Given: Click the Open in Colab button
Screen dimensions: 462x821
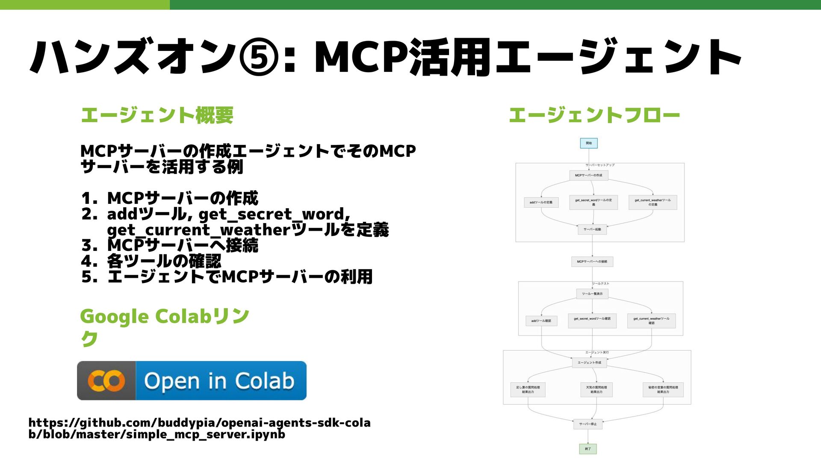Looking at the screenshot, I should pos(192,380).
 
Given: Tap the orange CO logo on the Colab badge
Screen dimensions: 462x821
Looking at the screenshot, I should pos(106,380).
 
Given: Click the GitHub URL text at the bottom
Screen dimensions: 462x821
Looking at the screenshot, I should pos(199,428).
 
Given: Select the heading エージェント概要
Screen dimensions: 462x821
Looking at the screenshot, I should pos(157,115).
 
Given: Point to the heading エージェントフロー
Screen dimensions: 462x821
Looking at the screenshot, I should pos(594,115).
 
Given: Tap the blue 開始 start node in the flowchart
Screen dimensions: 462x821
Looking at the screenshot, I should pos(588,143).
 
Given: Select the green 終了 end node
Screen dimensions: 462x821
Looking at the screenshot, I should pos(588,449).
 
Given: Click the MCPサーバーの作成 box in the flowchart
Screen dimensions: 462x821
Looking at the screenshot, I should pos(588,175).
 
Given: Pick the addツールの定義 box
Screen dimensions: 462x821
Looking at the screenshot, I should pos(541,202).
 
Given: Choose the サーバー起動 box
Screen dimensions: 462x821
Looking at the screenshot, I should pos(592,230).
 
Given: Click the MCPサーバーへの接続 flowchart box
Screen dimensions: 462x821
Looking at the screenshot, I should pos(592,262).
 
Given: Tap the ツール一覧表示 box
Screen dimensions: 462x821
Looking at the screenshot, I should pos(592,294).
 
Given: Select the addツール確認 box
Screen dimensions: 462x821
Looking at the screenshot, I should pos(541,321).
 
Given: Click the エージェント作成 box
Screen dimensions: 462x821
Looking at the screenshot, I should pos(589,362).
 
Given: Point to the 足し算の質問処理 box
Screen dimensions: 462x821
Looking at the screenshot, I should pos(528,389).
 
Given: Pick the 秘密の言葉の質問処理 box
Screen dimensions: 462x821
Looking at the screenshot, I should pos(663,389).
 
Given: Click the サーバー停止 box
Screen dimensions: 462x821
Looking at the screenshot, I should pos(588,424).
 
